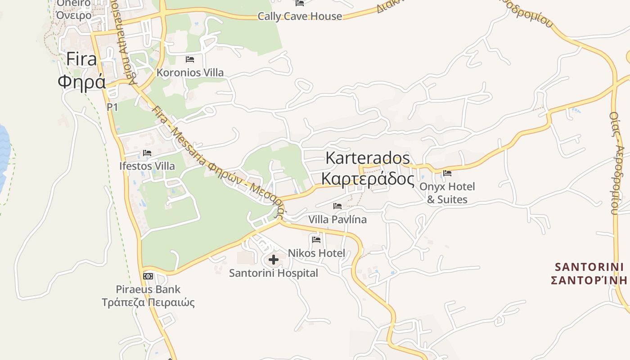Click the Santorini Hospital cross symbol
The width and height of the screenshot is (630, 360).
(x=274, y=259)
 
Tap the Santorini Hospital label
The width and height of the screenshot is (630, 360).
(x=274, y=273)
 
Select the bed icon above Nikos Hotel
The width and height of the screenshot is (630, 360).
(x=316, y=239)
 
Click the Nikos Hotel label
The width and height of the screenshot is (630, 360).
(x=316, y=253)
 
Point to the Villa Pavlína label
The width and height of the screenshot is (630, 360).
(x=337, y=220)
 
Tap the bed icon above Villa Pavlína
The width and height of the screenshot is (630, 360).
(x=337, y=206)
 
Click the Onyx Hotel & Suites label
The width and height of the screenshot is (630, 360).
(x=447, y=193)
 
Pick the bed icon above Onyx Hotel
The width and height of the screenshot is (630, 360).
(x=447, y=173)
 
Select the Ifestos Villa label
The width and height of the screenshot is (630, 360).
(x=147, y=166)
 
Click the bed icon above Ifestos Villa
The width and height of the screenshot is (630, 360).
(x=147, y=153)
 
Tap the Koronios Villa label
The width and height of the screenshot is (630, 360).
(x=190, y=72)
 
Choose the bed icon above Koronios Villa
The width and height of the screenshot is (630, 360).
(x=190, y=59)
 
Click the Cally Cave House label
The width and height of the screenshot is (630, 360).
(x=300, y=16)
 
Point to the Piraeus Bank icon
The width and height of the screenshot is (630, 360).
(x=148, y=276)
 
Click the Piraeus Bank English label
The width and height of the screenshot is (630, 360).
(x=148, y=289)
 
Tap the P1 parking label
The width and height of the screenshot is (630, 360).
(x=112, y=107)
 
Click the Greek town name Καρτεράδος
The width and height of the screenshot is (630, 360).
(x=368, y=179)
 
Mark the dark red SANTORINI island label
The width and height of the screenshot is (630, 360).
(x=589, y=267)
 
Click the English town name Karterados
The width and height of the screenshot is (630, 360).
(x=368, y=158)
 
